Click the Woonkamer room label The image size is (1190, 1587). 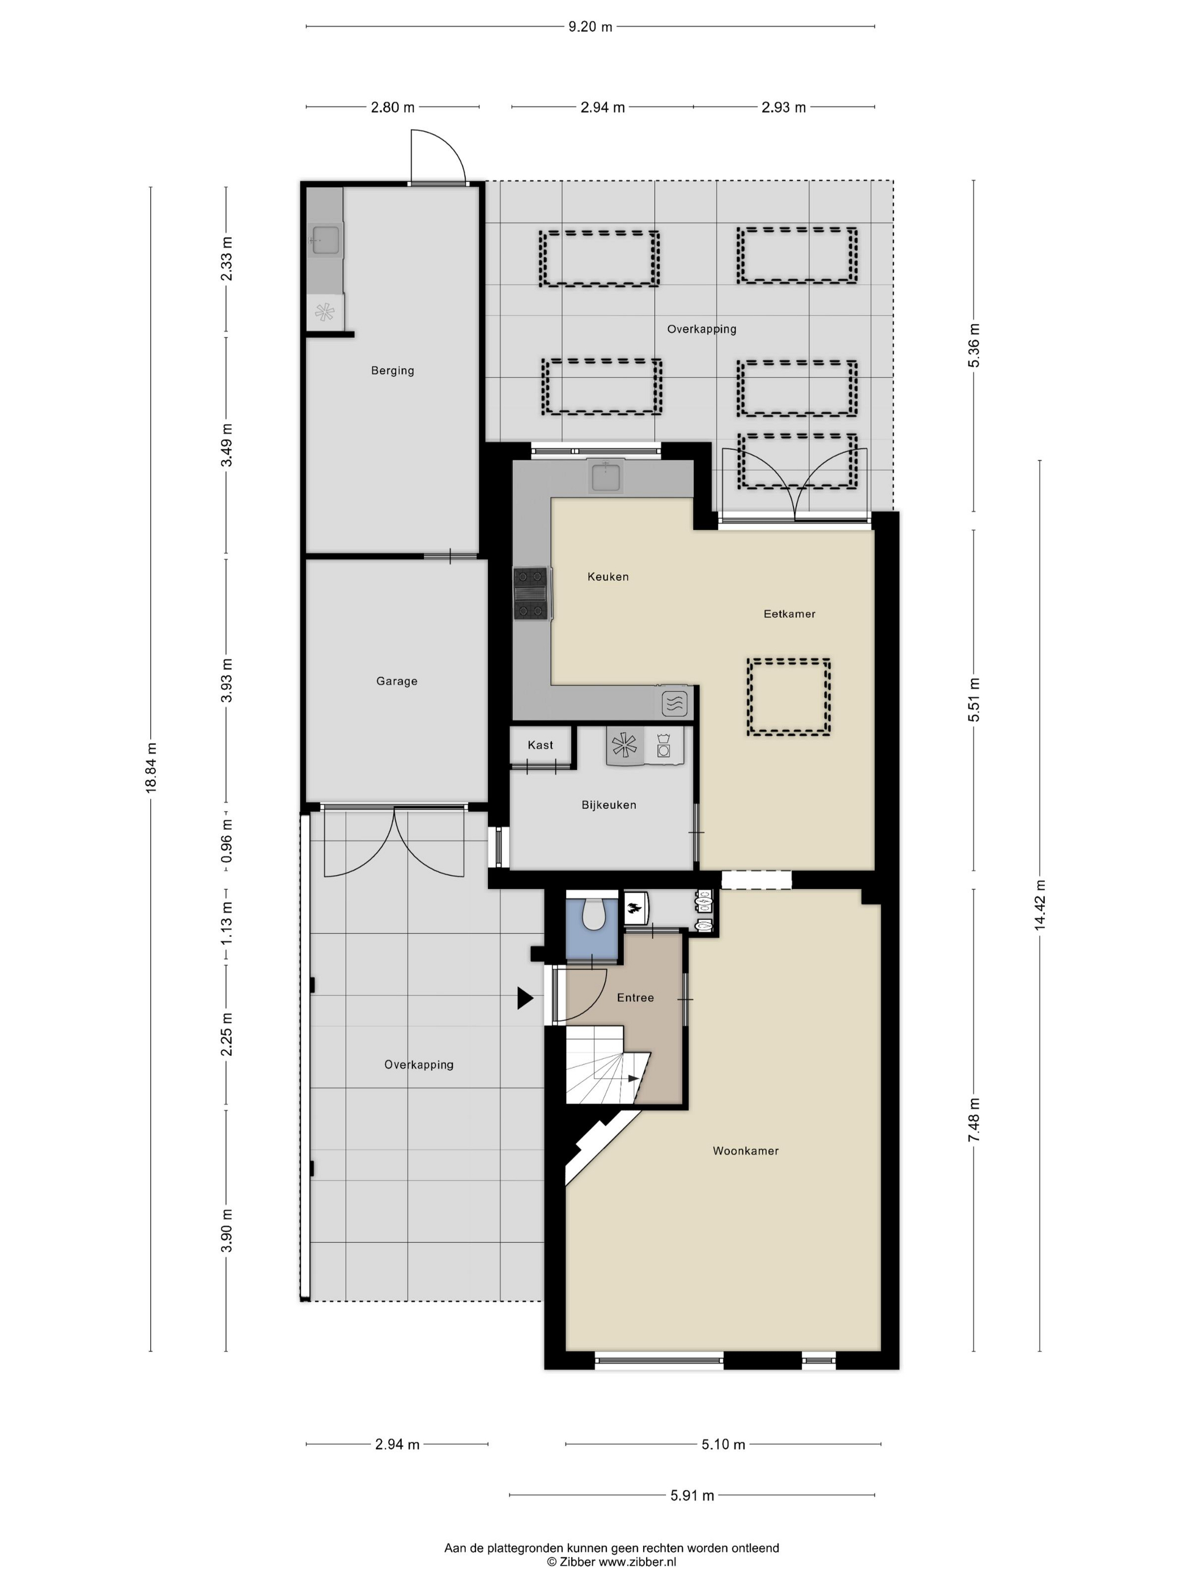[745, 1151]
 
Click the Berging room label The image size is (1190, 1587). [392, 370]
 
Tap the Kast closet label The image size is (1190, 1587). [540, 745]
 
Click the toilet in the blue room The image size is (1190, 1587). [593, 914]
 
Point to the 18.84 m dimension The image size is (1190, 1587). [151, 767]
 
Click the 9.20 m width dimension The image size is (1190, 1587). [590, 27]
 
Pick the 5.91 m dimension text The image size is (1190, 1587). [692, 1495]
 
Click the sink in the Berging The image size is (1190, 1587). [326, 239]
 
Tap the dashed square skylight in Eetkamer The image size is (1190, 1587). [788, 697]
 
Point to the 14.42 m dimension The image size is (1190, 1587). [1039, 905]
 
